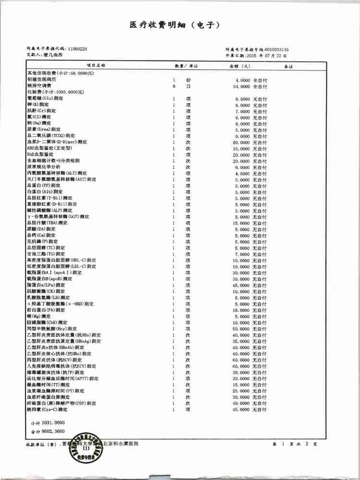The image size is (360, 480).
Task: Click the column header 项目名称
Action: pyautogui.click(x=96, y=65)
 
